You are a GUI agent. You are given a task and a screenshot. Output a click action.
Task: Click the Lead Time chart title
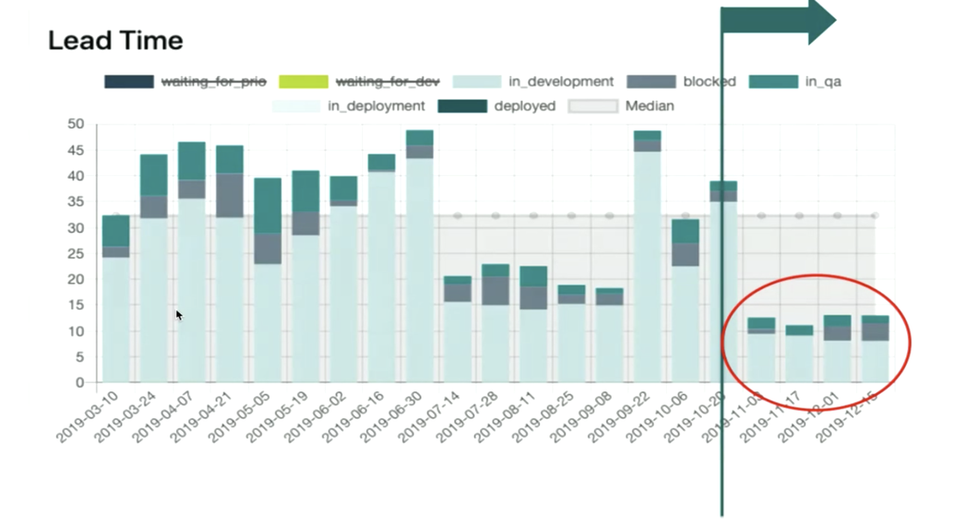coord(115,40)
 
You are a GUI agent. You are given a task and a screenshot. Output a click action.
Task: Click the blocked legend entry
coord(709,81)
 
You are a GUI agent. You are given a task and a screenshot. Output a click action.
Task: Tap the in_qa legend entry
coord(821,81)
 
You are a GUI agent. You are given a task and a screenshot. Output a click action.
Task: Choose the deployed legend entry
coord(524,106)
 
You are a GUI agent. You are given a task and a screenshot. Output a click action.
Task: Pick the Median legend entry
coord(649,106)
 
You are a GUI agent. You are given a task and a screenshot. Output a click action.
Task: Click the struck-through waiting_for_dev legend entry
coord(387,81)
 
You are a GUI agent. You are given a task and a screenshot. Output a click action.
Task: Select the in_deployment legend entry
coord(376,106)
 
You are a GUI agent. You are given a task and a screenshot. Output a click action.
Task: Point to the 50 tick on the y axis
coord(76,124)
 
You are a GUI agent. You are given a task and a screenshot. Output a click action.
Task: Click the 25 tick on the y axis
coord(76,254)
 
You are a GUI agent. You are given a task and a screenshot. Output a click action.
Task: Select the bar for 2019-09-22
coord(648,263)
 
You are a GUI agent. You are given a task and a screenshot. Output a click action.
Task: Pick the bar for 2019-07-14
coord(457,333)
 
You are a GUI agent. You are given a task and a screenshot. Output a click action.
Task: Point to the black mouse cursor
coord(178,315)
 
